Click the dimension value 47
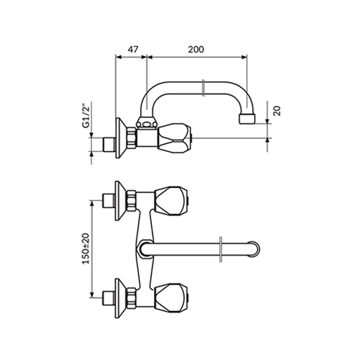132,50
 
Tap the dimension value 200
196,50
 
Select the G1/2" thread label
86,116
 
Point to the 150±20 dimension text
86,248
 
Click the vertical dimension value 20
277,111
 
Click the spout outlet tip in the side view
247,119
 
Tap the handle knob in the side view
174,138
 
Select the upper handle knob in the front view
171,201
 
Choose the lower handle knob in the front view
171,298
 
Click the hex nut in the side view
132,138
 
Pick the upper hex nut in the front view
131,201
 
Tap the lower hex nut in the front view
131,298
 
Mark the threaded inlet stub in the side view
109,145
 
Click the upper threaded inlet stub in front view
109,201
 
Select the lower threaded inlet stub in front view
109,298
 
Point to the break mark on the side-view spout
203,88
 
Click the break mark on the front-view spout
221,249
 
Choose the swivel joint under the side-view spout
147,123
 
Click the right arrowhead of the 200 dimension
244,57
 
